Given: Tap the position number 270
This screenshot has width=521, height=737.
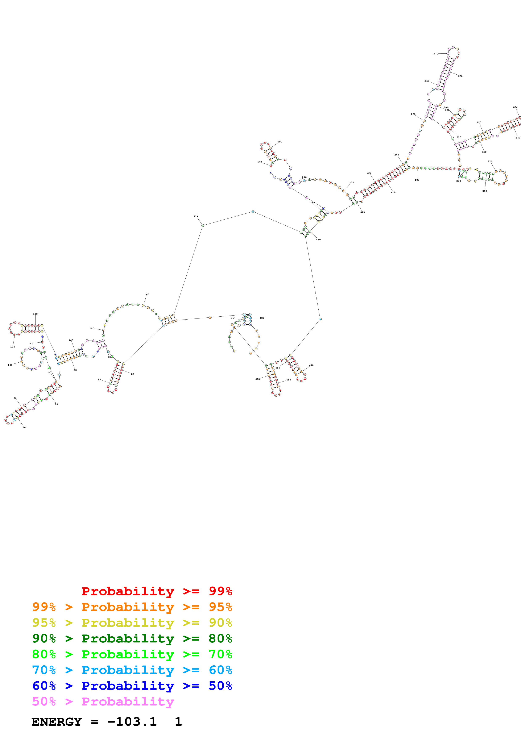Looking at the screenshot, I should click(x=436, y=54).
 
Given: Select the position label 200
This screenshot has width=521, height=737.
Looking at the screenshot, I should click(x=280, y=142).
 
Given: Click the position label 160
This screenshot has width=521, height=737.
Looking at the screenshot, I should click(x=147, y=294).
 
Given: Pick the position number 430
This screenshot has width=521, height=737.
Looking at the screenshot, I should click(x=318, y=240).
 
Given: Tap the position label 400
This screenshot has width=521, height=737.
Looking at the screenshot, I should click(x=417, y=180).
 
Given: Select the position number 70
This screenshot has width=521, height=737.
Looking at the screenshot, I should click(x=24, y=428).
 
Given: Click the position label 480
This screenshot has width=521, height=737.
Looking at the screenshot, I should click(x=262, y=318).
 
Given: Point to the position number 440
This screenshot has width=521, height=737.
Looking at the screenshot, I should click(x=311, y=365).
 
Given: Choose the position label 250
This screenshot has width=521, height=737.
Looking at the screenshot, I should click(x=413, y=114).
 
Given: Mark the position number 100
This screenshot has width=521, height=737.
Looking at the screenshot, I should click(x=10, y=365).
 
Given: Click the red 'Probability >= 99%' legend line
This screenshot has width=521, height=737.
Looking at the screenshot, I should click(x=157, y=591).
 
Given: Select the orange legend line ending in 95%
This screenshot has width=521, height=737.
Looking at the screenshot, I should click(x=132, y=607).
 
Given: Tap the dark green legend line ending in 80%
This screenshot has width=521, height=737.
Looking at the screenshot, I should click(x=132, y=638).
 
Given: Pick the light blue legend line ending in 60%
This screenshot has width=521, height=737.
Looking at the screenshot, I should click(x=132, y=670).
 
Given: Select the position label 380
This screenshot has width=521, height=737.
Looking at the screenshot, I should click(x=484, y=191).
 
